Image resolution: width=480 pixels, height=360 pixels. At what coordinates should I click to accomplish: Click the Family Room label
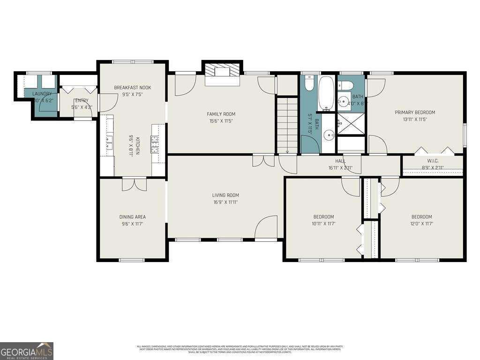221,114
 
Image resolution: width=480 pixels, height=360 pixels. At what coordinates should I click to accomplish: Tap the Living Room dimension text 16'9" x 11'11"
225,202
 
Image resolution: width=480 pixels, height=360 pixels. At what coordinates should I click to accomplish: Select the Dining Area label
132,217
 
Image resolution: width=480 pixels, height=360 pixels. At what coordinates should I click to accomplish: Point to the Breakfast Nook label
133,88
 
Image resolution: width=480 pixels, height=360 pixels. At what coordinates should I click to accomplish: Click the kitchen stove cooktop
154,143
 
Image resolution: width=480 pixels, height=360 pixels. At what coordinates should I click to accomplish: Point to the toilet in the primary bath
346,85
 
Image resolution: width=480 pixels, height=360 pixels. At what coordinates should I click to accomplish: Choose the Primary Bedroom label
415,112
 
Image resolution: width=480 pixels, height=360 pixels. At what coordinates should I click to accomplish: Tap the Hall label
340,161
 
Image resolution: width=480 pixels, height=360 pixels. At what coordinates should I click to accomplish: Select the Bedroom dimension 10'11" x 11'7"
323,224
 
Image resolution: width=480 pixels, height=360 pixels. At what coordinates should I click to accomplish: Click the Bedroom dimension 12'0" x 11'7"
421,224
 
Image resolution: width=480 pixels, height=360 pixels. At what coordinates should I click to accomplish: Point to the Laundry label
42,94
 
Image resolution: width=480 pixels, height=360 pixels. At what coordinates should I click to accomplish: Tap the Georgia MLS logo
27,351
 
